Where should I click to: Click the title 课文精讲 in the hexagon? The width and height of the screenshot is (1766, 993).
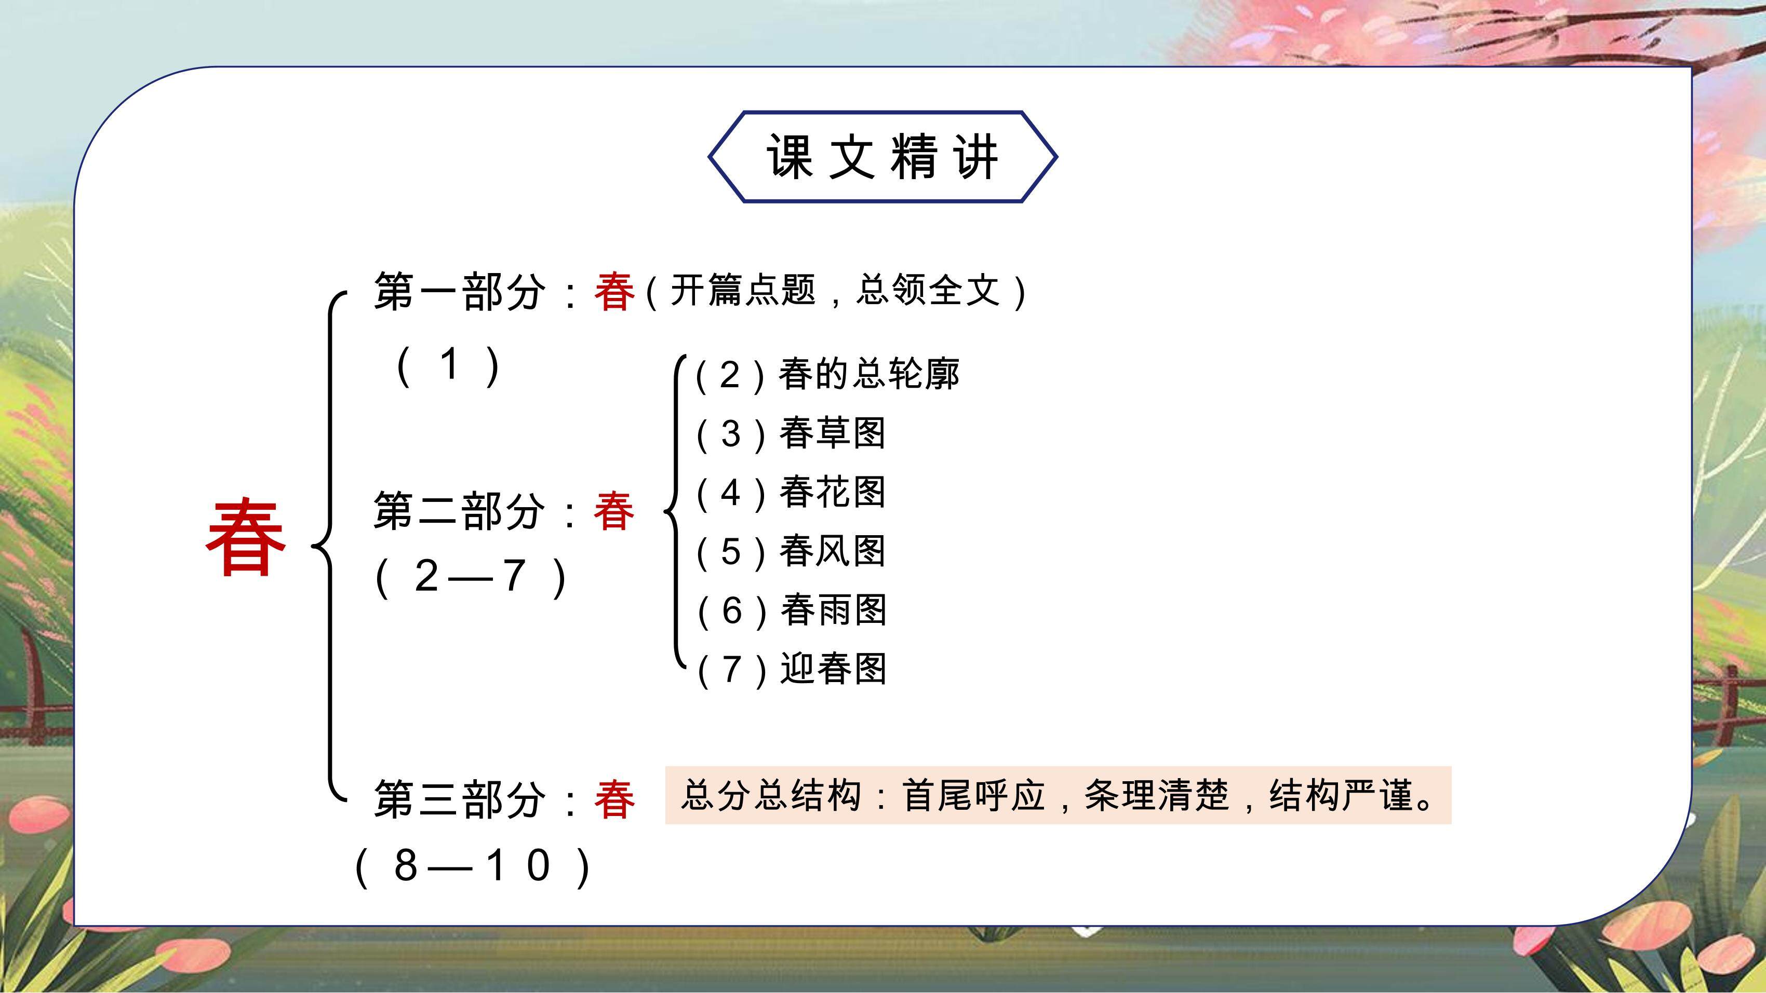point(882,157)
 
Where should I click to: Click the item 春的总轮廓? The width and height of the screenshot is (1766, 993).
point(868,374)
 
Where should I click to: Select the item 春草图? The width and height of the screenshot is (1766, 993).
point(832,433)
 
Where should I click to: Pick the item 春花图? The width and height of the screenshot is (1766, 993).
point(832,492)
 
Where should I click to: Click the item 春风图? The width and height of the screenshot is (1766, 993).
point(832,551)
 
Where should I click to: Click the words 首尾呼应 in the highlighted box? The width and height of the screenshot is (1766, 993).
point(973,796)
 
